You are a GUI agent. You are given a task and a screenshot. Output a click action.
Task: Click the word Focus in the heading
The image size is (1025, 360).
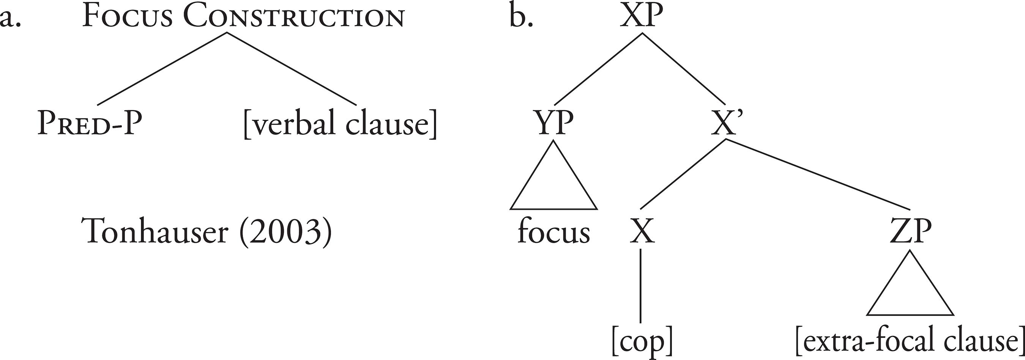(127, 17)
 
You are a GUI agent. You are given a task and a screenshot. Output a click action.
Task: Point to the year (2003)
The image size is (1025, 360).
(285, 232)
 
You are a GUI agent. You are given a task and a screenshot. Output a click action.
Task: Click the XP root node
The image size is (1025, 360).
(642, 17)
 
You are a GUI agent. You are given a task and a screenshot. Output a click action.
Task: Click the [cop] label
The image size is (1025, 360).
(642, 341)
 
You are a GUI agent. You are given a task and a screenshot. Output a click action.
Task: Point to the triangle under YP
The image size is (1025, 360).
(553, 183)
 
